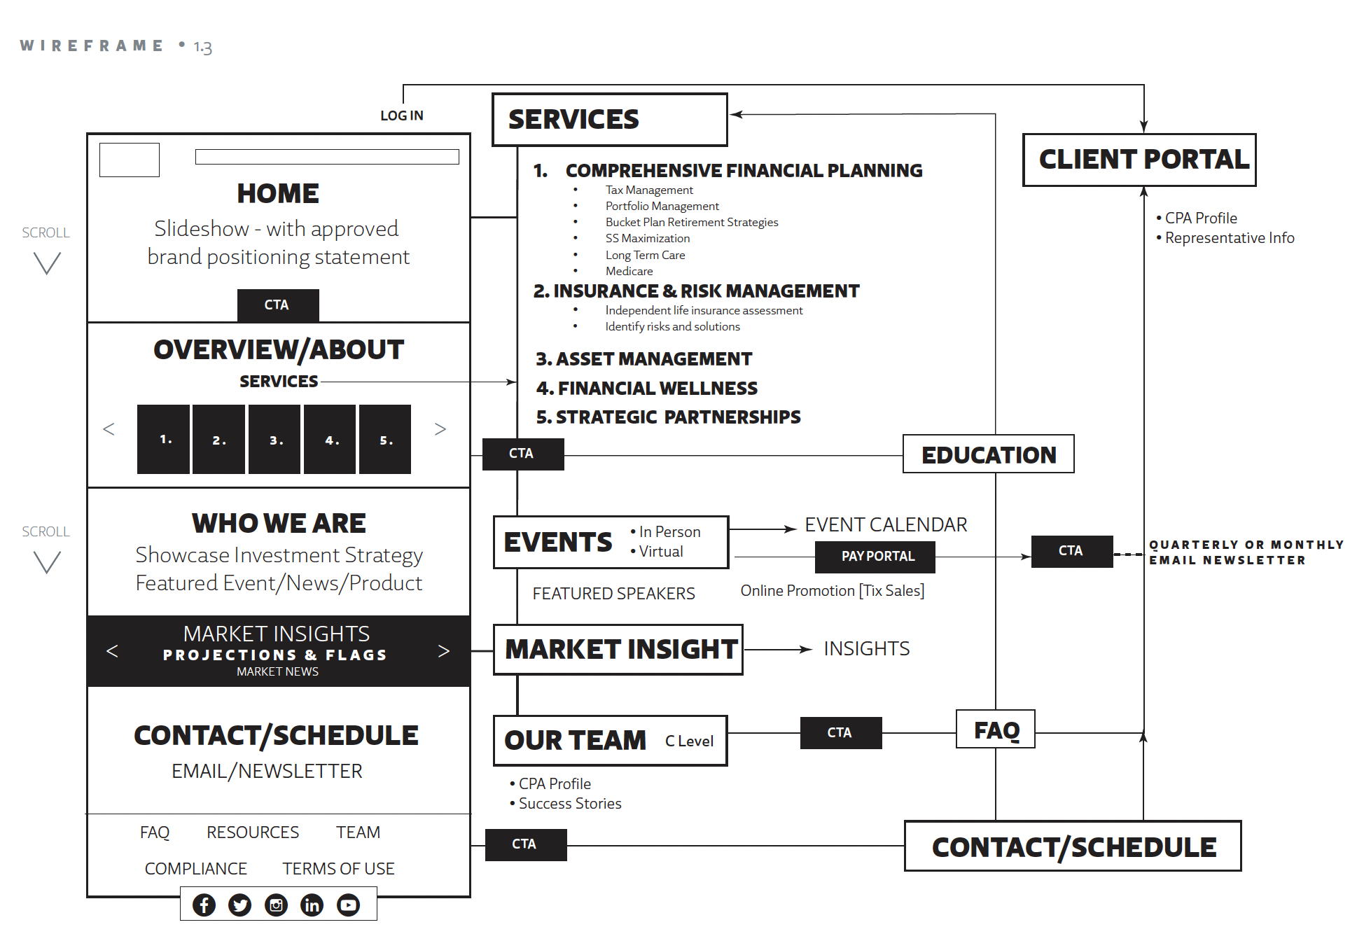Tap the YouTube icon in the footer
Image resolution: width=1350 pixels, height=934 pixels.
[348, 905]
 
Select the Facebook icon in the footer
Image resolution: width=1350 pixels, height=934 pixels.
[204, 905]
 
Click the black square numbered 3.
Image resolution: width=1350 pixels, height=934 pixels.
[274, 440]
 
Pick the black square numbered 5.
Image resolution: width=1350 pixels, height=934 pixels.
[385, 440]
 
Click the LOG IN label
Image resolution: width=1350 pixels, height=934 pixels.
[401, 116]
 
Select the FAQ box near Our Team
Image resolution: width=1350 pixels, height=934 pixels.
[996, 730]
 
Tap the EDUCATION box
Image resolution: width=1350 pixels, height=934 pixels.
[988, 454]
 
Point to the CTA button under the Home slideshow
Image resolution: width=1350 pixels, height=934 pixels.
[278, 305]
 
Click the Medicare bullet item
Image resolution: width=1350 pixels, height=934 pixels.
[629, 271]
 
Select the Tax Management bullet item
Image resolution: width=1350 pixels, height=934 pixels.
[649, 190]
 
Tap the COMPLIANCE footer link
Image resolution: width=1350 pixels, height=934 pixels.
[195, 868]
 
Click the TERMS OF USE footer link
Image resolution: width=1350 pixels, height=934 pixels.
[338, 868]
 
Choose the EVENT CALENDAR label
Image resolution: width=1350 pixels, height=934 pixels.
[885, 524]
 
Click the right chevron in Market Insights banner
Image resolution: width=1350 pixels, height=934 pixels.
[443, 651]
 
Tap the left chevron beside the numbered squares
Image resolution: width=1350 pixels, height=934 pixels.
[109, 428]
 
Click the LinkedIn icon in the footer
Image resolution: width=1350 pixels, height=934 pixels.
[312, 905]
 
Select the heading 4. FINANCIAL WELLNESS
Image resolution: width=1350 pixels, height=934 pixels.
[646, 388]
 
